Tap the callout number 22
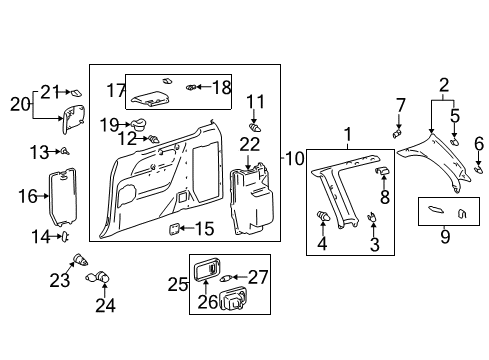(x=249, y=146)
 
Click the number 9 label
(x=445, y=237)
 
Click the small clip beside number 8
(x=380, y=171)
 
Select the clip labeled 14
(x=66, y=236)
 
